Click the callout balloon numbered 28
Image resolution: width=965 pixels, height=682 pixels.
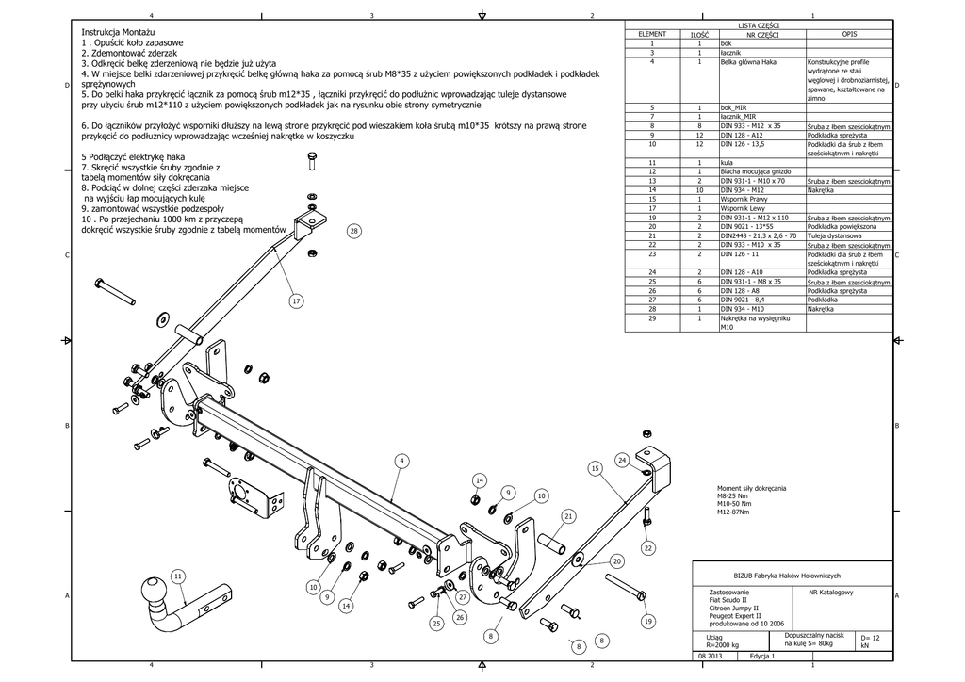point(353,231)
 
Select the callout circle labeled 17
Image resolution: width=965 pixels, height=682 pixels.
point(296,301)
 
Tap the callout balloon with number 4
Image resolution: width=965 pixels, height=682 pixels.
point(401,461)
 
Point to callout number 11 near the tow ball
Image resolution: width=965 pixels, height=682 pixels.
point(177,576)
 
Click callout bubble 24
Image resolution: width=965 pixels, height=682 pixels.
point(622,459)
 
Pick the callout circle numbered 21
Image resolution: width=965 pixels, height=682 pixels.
point(568,516)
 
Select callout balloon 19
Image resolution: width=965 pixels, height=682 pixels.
point(648,622)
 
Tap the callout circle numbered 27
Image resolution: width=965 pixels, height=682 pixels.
point(463,597)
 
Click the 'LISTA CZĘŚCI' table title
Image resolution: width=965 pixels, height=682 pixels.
point(764,25)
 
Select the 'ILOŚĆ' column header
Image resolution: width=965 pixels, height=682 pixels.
point(699,34)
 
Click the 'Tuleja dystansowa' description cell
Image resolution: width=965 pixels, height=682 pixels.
point(831,235)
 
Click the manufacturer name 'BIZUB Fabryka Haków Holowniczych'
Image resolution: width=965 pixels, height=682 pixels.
point(793,576)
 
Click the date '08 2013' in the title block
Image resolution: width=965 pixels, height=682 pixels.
point(710,656)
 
